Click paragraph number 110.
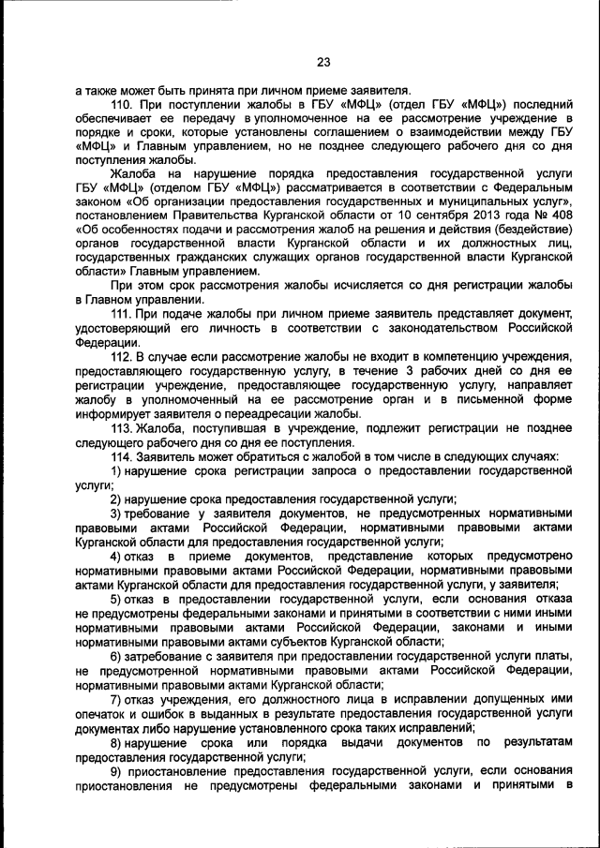(124, 104)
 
